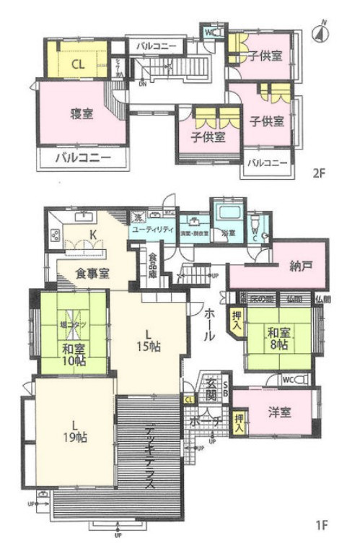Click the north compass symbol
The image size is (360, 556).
tap(322, 32)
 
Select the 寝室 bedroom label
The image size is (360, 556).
tap(81, 113)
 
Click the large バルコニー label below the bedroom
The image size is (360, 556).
tap(82, 157)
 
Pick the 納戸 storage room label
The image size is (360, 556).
tap(302, 266)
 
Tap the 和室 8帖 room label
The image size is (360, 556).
tap(278, 339)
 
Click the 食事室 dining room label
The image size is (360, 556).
tap(93, 273)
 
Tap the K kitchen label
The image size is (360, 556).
tap(93, 233)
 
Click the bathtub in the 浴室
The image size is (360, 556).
tap(227, 214)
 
